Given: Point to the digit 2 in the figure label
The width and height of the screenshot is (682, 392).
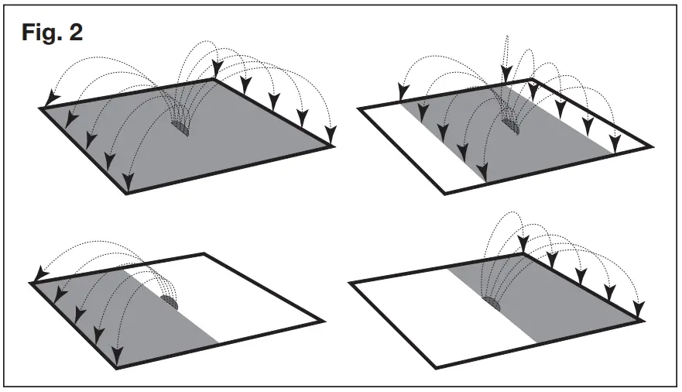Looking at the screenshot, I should click(77, 33).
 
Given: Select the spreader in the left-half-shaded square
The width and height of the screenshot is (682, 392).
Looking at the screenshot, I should click(170, 301).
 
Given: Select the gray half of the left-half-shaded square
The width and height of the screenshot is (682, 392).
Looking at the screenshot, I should click(116, 310).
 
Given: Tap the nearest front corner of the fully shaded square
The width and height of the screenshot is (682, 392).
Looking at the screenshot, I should click(127, 192).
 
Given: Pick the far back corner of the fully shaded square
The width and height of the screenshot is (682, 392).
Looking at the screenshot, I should click(214, 79).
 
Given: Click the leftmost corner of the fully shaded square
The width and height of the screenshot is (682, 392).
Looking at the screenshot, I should click(41, 108).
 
